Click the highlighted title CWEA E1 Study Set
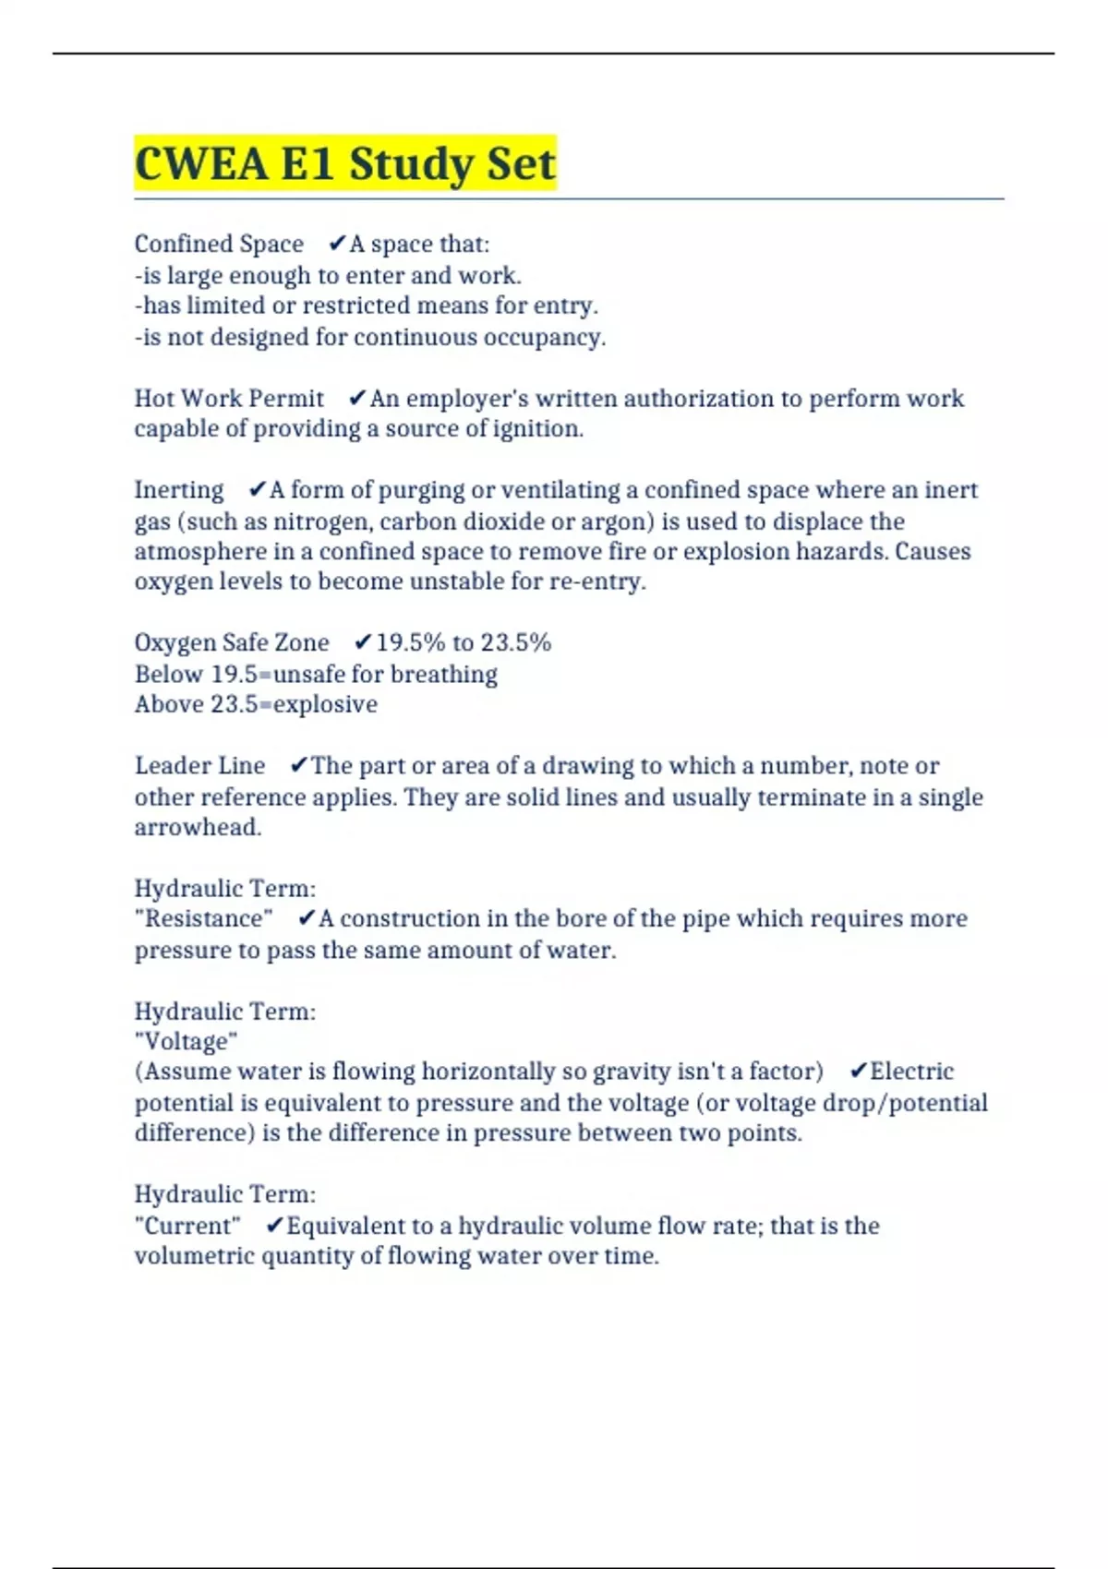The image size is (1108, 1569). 344,164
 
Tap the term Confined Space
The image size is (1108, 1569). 219,244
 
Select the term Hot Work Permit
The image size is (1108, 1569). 229,398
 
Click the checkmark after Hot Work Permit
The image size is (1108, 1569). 357,398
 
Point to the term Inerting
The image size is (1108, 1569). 179,489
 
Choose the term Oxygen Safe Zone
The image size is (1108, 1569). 232,642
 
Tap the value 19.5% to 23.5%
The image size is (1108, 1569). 464,642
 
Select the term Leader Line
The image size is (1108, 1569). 199,765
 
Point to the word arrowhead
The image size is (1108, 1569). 197,827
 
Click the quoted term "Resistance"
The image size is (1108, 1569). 204,918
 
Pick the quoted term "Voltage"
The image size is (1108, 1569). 187,1041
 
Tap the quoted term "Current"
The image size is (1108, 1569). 187,1226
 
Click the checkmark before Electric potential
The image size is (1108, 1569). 858,1071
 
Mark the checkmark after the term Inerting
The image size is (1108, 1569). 258,489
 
